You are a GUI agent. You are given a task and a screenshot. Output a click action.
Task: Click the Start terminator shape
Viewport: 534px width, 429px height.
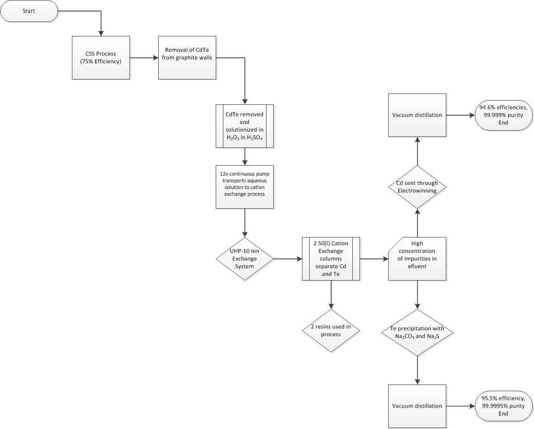tap(29, 11)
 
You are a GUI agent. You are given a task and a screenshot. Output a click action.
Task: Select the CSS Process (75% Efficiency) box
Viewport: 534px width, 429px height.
tap(101, 57)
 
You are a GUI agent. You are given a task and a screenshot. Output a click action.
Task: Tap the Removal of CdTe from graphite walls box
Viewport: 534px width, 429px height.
tap(187, 57)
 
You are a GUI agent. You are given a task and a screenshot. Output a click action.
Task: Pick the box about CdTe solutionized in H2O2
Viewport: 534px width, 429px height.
tap(244, 125)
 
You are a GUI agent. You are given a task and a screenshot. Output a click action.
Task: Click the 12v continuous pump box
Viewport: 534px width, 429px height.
tap(244, 187)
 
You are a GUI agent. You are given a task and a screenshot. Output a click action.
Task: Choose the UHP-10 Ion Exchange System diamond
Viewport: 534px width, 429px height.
tap(244, 259)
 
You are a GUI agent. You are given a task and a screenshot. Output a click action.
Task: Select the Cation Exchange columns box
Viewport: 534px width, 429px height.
tap(331, 259)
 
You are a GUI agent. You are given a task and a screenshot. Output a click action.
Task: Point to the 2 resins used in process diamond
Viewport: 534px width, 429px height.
tap(331, 330)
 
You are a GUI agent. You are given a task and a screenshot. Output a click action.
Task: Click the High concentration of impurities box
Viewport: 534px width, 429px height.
tap(417, 259)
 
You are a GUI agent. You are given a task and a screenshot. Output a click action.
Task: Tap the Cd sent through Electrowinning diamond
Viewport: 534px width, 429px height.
tap(417, 187)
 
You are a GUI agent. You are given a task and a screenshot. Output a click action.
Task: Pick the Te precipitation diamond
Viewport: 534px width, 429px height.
tap(417, 332)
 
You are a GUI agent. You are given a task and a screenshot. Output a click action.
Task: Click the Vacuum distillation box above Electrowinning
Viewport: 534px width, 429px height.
tap(417, 115)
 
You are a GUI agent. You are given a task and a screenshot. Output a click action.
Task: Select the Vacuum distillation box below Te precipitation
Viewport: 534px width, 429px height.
tap(417, 406)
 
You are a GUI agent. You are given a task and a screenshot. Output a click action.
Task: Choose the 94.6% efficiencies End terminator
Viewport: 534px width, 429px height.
tap(503, 115)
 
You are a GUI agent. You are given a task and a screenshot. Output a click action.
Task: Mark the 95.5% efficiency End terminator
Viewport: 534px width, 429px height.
tap(503, 406)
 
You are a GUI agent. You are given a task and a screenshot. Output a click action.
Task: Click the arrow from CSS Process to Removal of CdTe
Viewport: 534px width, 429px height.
tap(144, 58)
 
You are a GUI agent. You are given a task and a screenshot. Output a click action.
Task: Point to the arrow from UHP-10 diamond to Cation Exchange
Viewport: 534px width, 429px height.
tap(288, 259)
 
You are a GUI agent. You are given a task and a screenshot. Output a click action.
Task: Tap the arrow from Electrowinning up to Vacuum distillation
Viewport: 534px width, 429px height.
tap(417, 151)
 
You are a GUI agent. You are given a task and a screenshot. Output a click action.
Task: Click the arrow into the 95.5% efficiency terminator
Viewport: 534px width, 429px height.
tap(460, 406)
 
